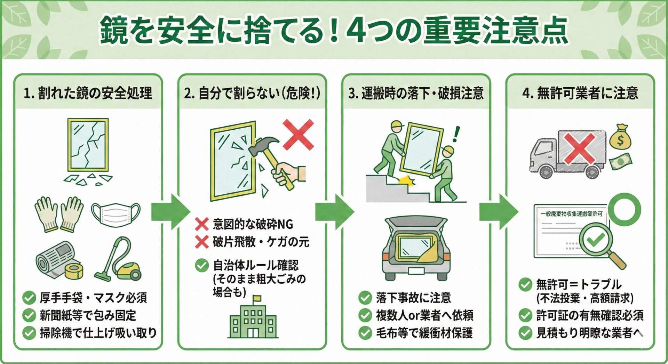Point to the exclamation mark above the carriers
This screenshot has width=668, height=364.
point(456,134)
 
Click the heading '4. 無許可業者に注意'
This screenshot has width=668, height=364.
point(580,93)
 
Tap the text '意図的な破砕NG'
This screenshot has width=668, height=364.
point(253,224)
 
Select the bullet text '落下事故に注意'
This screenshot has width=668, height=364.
point(413,298)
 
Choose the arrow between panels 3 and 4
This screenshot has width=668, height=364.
point(498,211)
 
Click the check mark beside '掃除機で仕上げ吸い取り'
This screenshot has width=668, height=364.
point(29,333)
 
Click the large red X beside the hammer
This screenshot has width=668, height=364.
point(298,135)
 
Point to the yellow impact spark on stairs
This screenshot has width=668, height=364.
point(406,180)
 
